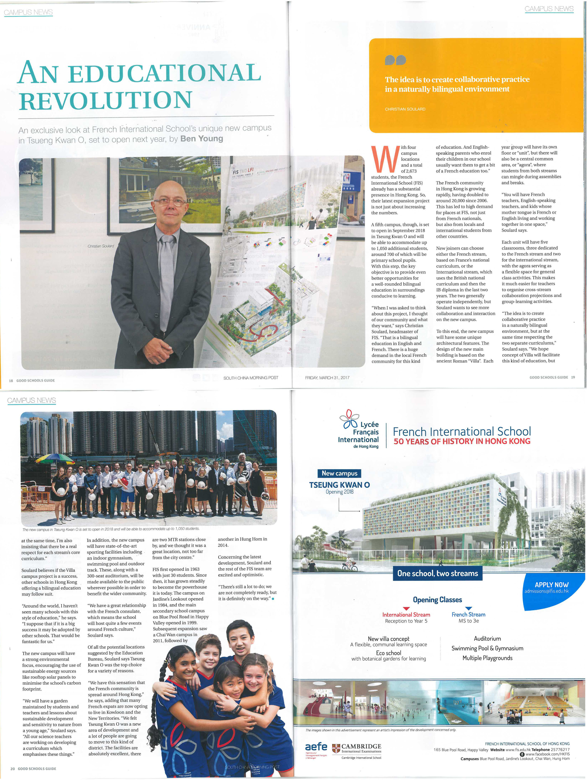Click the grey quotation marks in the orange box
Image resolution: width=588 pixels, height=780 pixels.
(x=395, y=60)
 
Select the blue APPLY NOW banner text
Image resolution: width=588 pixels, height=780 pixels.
(x=551, y=585)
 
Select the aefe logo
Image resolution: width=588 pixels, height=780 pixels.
(x=316, y=747)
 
